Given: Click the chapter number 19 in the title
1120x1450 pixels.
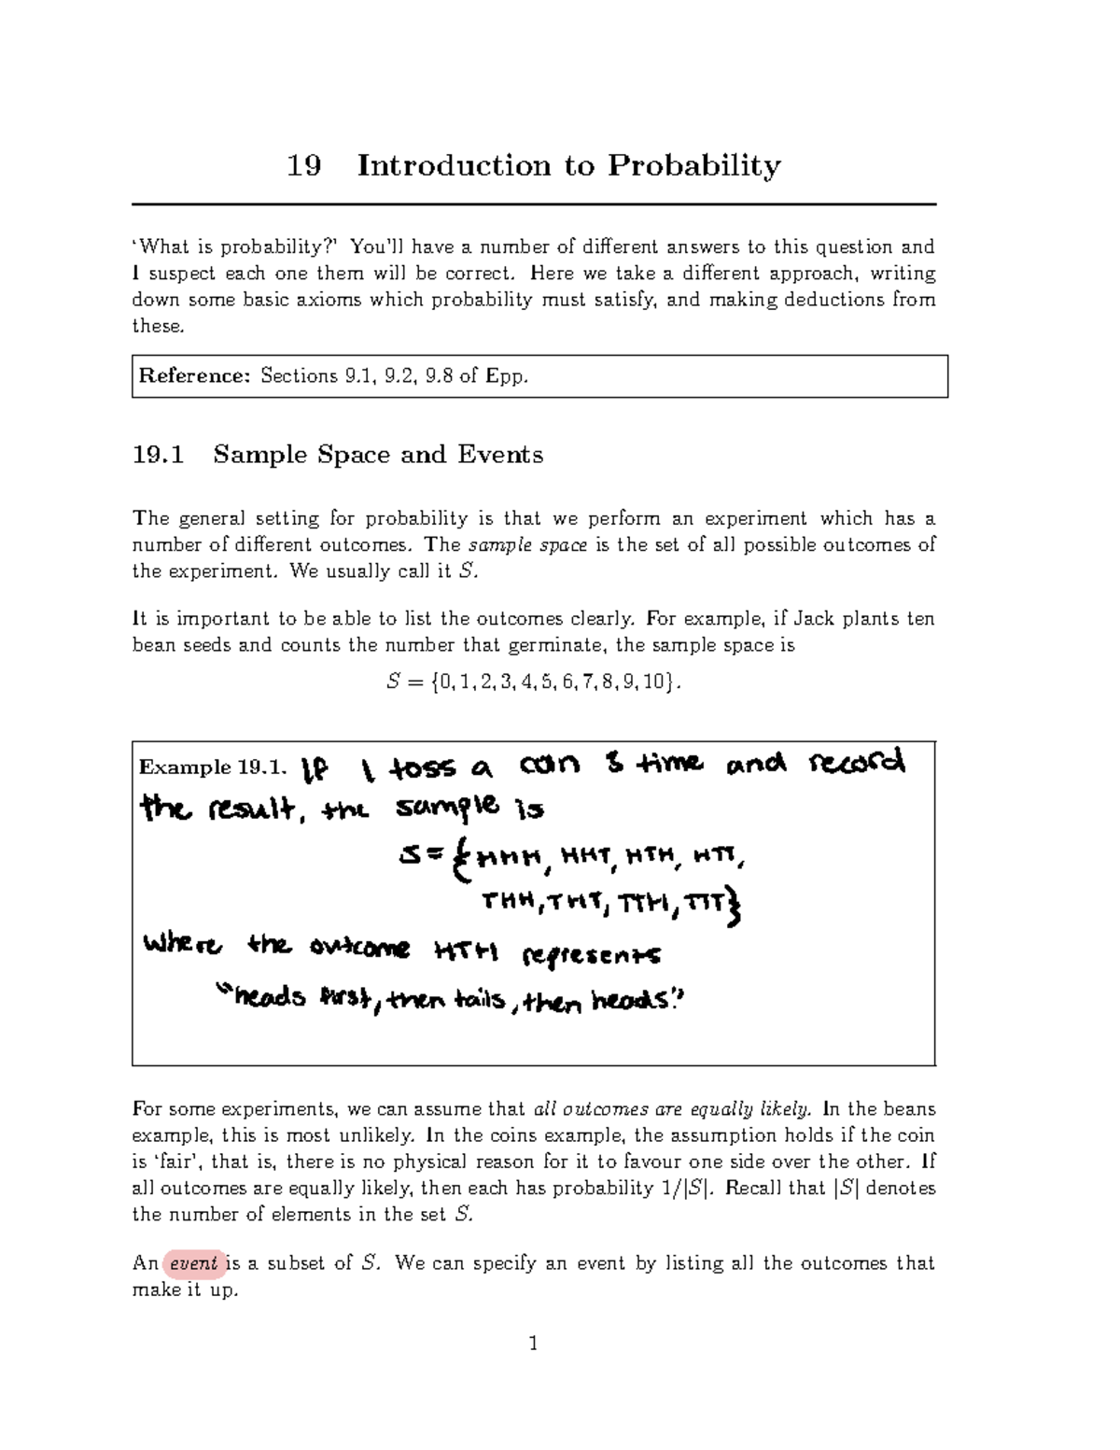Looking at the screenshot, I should [x=304, y=166].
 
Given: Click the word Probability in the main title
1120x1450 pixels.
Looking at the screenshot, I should [x=694, y=166].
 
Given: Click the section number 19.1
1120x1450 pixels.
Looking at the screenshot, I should [x=159, y=455].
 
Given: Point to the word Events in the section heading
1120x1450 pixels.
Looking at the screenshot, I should [x=500, y=455].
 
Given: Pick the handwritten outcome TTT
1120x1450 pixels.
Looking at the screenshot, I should [x=705, y=903].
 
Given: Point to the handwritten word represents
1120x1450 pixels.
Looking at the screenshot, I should [x=593, y=954].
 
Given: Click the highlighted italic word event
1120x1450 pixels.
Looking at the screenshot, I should [x=194, y=1263].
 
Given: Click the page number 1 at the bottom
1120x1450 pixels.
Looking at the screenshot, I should [x=533, y=1344].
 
